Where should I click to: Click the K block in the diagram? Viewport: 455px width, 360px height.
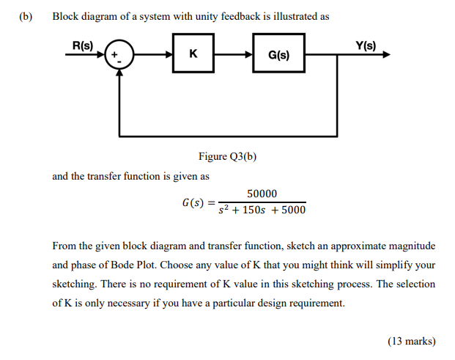point(193,54)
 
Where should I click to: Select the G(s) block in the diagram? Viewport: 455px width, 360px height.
point(278,55)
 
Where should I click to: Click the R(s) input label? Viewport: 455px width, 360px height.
point(83,45)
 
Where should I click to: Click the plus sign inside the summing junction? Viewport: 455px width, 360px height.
point(114,54)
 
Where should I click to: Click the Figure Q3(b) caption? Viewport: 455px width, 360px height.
point(227,156)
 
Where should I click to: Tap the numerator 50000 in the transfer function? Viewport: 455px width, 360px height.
point(262,194)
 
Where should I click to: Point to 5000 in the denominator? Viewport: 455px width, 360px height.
point(293,211)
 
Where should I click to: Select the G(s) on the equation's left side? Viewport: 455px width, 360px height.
point(194,202)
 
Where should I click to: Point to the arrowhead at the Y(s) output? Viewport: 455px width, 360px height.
point(386,55)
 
